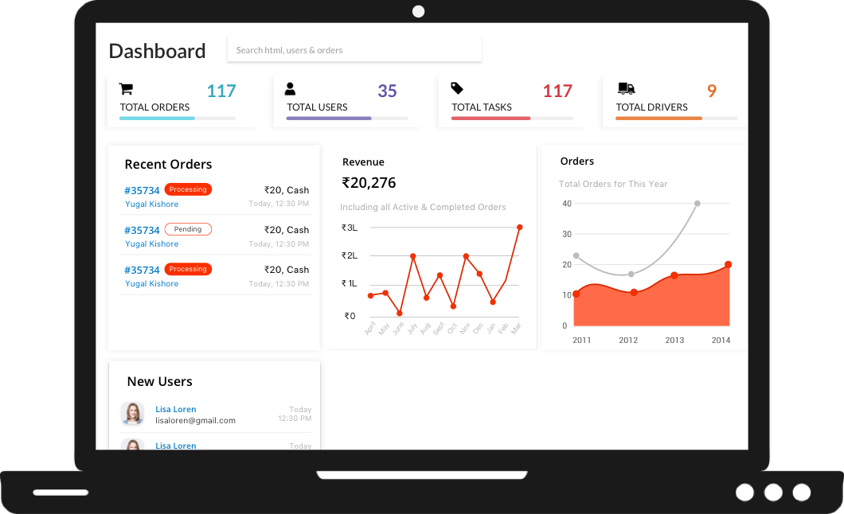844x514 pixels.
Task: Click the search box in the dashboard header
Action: coord(354,50)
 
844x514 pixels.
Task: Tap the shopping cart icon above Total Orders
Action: coord(126,88)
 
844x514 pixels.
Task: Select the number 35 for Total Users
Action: coord(387,91)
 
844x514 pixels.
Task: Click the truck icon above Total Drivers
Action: coord(626,88)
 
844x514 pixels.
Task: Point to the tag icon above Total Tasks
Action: coord(457,88)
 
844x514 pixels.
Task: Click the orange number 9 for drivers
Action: coord(712,91)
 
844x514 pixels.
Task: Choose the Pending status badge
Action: coord(188,229)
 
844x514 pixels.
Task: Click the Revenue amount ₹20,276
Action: coord(369,183)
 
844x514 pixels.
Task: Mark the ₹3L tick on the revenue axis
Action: coord(350,228)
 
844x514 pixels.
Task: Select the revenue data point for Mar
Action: coord(519,228)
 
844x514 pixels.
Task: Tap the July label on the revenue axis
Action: coord(412,327)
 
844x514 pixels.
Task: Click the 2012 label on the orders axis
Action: coord(628,340)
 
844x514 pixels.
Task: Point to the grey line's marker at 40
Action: coord(697,204)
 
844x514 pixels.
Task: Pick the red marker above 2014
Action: coord(728,265)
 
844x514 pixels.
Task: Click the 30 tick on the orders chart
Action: coord(567,234)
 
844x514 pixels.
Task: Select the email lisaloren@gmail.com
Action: coord(195,420)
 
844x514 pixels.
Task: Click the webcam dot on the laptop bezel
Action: coord(419,11)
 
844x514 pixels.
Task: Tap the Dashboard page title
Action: coord(157,51)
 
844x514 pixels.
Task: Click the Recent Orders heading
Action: coord(168,165)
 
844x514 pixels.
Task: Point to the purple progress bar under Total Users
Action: coord(329,119)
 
